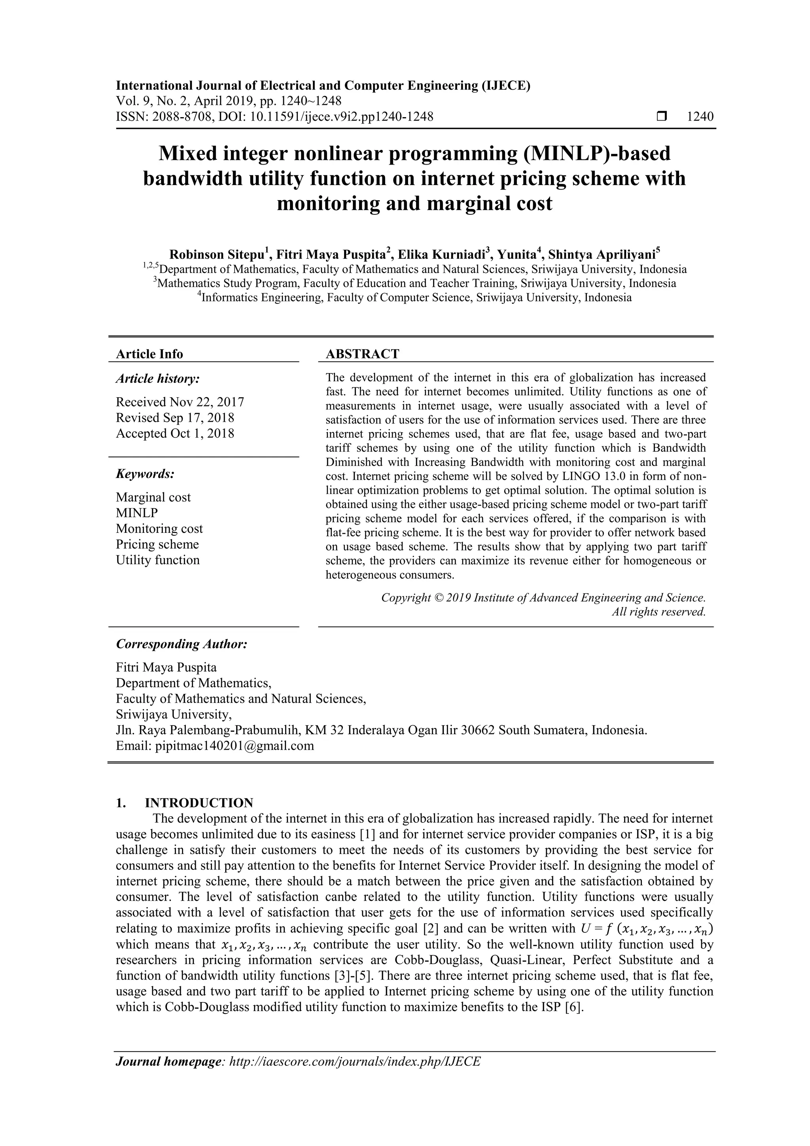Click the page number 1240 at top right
click(x=700, y=117)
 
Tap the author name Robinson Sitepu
click(x=218, y=254)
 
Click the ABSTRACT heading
click(x=362, y=354)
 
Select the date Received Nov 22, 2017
click(x=180, y=402)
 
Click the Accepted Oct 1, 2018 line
click(x=175, y=433)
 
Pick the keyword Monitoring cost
click(x=159, y=528)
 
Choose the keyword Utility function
click(x=158, y=560)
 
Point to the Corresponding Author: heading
click(x=182, y=644)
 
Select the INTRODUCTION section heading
click(x=199, y=803)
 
